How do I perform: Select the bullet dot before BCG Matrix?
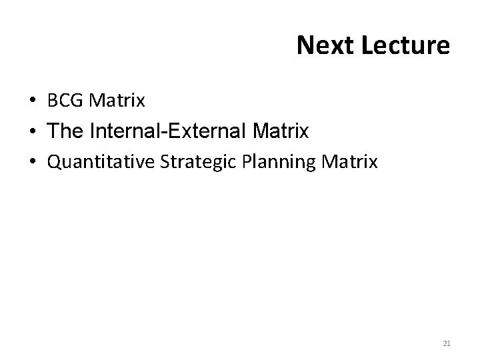coord(33,101)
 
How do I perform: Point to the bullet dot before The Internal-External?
coord(33,132)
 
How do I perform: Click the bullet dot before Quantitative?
coord(33,161)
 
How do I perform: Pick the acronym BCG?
coord(66,101)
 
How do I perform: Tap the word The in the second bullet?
coord(64,132)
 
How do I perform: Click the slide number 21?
coord(447,343)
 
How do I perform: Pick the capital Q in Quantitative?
coord(53,161)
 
